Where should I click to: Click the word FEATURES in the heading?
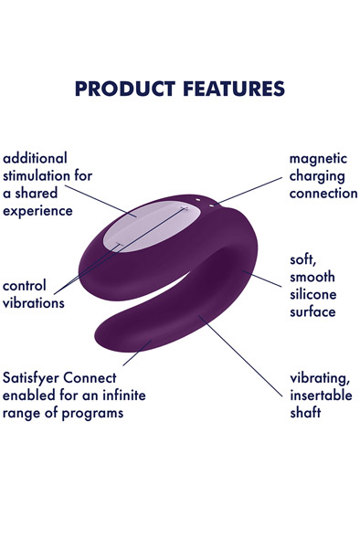click(230, 89)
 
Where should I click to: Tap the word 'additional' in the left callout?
click(36, 158)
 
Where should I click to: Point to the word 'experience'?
click(39, 210)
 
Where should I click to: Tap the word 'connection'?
click(323, 193)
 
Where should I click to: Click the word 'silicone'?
click(313, 294)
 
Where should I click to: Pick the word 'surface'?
click(312, 311)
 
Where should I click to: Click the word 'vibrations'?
click(35, 302)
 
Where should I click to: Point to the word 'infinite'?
click(120, 394)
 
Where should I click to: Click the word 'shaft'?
click(308, 411)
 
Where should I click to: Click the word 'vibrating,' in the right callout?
click(322, 376)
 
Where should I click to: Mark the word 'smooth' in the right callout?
click(313, 276)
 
